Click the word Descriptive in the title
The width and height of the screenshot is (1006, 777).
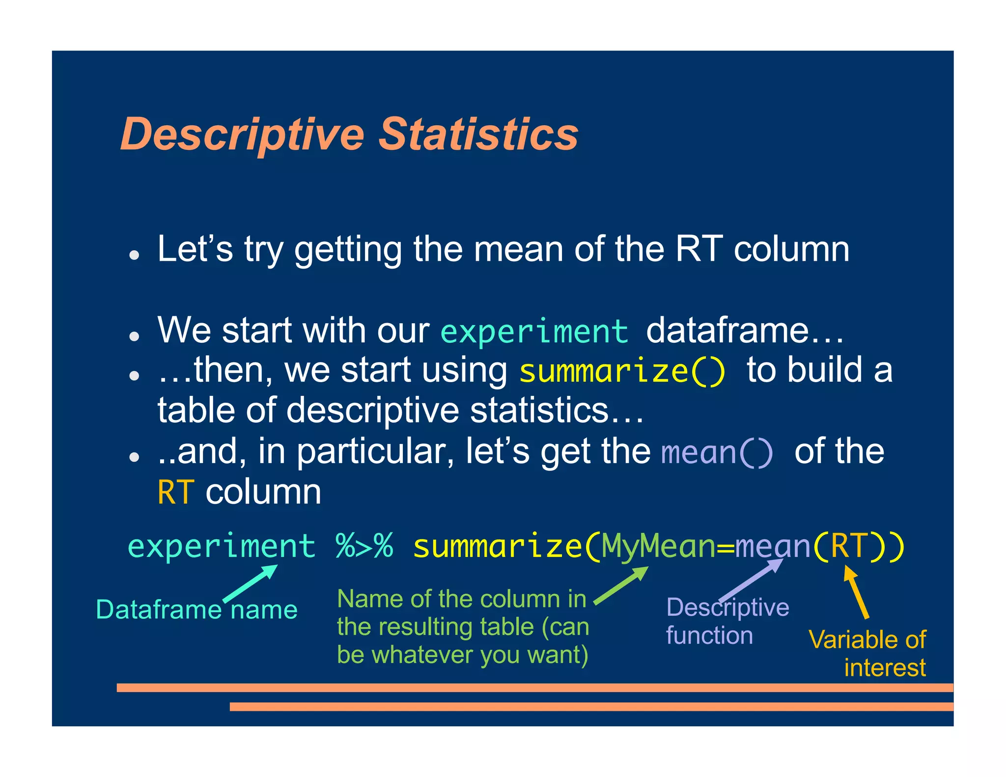click(242, 135)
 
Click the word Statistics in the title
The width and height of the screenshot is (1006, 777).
click(478, 134)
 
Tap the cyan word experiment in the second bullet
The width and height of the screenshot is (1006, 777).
click(534, 331)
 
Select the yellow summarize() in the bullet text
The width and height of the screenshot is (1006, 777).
click(622, 371)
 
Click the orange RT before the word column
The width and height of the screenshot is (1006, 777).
click(175, 492)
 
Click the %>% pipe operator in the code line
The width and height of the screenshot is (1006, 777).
click(364, 546)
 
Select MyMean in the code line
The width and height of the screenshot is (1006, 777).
click(658, 546)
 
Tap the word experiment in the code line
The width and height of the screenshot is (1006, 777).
click(221, 546)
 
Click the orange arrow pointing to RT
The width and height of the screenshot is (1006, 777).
click(856, 592)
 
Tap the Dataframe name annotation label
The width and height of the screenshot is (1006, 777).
click(196, 610)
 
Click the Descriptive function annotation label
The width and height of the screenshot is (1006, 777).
click(727, 621)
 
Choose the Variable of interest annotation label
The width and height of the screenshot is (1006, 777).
click(868, 653)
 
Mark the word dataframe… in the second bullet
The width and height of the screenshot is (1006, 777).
click(744, 331)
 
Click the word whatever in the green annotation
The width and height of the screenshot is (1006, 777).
click(423, 655)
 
